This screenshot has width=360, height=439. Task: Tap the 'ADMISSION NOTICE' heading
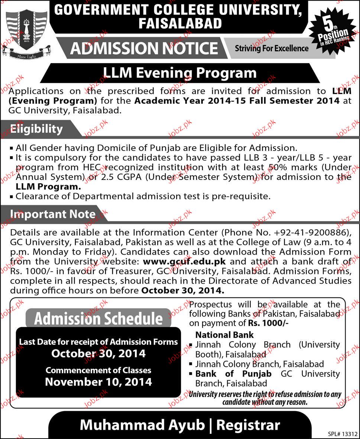(144, 48)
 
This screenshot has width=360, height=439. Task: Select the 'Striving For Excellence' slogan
(272, 48)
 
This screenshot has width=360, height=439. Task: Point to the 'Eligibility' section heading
(36, 129)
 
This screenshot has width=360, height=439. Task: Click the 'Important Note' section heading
(52, 214)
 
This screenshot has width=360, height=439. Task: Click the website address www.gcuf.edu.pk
(189, 261)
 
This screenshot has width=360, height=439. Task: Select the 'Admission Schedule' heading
(98, 319)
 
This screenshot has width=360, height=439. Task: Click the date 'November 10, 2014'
(98, 382)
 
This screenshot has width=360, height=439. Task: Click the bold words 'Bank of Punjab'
(233, 374)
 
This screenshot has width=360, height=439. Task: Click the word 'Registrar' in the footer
(249, 425)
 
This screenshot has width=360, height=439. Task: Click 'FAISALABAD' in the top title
(180, 24)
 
